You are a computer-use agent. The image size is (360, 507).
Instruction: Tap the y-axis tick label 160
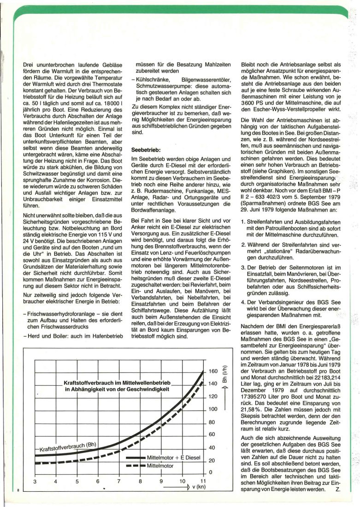click(x=213, y=371)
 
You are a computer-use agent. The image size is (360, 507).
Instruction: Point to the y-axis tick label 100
click(x=213, y=409)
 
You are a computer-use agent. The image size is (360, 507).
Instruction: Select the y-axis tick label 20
click(x=213, y=460)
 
